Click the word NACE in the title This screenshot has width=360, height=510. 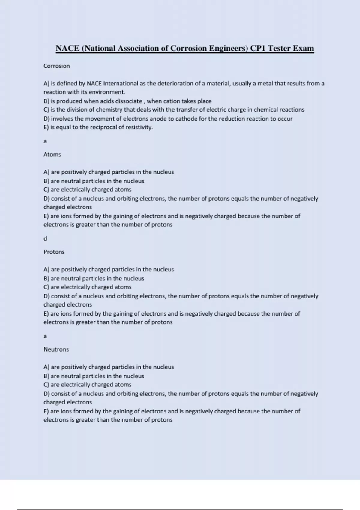click(67, 48)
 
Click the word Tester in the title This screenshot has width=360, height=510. click(279, 48)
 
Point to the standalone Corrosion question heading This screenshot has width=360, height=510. click(57, 66)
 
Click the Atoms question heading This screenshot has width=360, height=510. click(52, 154)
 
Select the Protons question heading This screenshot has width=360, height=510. click(54, 252)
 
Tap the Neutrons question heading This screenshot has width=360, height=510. click(56, 349)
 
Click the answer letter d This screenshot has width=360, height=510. click(45, 239)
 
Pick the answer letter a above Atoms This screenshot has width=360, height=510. click(45, 141)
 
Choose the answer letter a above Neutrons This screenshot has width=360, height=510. click(45, 336)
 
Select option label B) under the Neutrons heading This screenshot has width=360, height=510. click(46, 376)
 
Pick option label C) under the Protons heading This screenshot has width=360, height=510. click(46, 287)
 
